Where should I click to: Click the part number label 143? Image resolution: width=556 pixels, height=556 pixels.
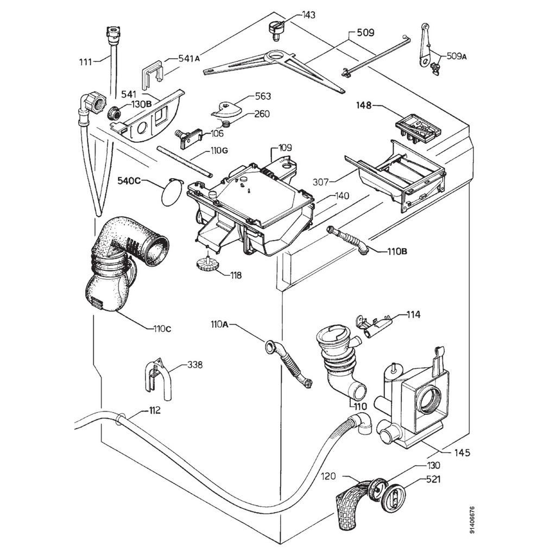308,15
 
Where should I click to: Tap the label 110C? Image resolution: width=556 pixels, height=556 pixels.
162,328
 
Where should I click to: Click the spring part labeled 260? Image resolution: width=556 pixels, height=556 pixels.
229,124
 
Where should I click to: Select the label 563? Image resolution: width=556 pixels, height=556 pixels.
263,97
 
